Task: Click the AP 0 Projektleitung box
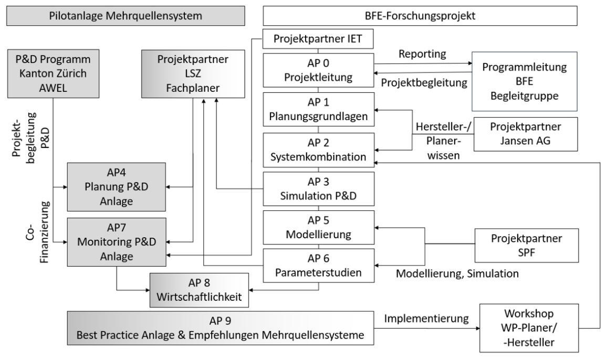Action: [318, 71]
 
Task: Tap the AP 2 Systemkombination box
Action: [318, 150]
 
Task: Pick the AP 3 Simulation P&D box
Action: [318, 189]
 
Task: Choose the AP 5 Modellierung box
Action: [318, 227]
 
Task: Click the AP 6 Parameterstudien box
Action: [318, 266]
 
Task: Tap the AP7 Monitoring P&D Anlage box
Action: [115, 242]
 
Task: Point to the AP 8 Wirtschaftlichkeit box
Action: [199, 290]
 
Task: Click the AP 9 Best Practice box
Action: [221, 327]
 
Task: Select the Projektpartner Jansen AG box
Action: [526, 135]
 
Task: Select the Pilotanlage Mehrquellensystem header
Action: [125, 15]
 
